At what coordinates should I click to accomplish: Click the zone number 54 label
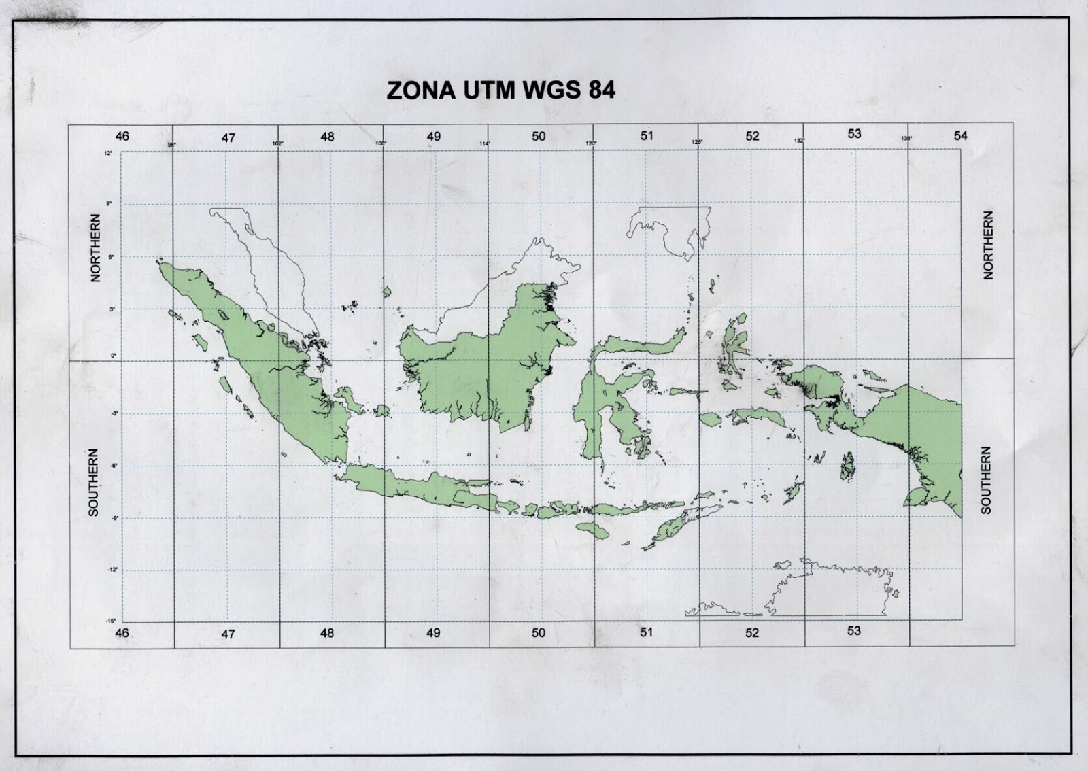click(x=960, y=136)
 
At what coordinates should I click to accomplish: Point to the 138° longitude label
click(x=906, y=139)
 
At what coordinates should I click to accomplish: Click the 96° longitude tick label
click(x=172, y=144)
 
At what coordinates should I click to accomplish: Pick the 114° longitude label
click(x=485, y=143)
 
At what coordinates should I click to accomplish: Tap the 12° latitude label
click(x=108, y=153)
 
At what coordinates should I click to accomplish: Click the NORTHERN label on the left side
click(x=96, y=248)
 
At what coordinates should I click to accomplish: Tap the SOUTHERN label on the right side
click(x=987, y=480)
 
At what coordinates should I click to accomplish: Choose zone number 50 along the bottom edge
click(x=539, y=633)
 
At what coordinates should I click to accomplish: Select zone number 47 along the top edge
click(x=228, y=138)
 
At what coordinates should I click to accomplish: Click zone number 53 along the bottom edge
click(x=854, y=631)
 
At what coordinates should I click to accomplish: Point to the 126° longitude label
click(x=697, y=142)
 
